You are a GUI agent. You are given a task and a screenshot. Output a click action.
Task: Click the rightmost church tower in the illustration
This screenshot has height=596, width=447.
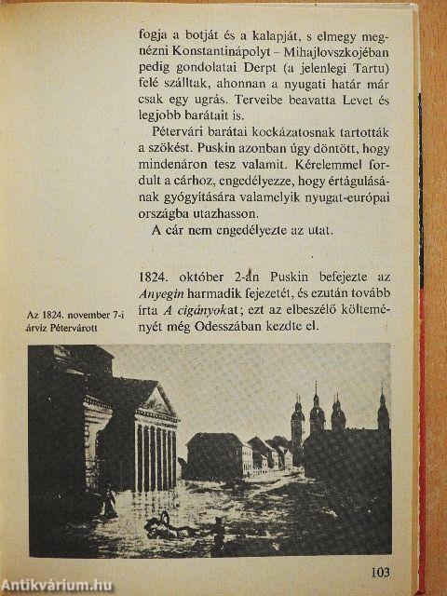(382, 410)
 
